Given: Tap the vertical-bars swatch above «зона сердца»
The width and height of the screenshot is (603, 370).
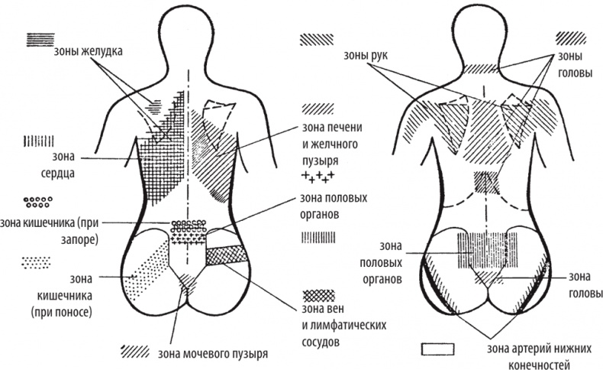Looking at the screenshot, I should [x=39, y=140].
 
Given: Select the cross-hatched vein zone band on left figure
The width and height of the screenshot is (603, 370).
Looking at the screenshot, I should [x=228, y=255].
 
